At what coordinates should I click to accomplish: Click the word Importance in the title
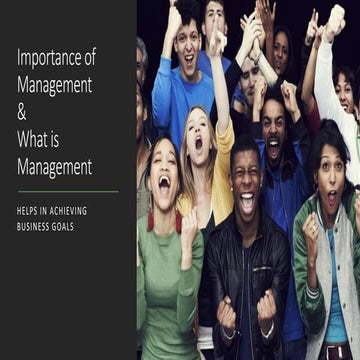click(49, 56)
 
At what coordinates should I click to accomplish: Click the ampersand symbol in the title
click(22, 113)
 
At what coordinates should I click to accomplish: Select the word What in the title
click(32, 140)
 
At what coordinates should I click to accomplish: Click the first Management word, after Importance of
click(55, 84)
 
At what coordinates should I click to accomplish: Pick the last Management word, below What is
click(55, 167)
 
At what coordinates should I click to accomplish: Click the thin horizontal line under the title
click(67, 190)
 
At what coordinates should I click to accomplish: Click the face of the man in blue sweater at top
click(187, 50)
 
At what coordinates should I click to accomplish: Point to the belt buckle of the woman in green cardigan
click(334, 351)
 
